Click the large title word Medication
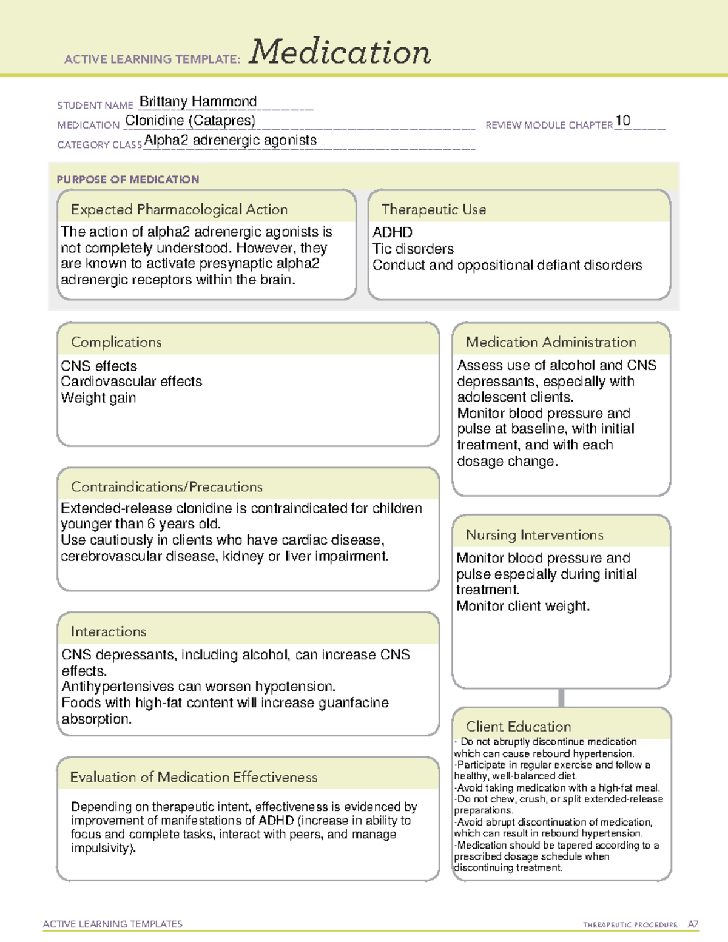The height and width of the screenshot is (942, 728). click(x=340, y=52)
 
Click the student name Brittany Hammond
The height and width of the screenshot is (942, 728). click(x=198, y=101)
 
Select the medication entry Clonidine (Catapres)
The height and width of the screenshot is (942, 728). click(x=190, y=121)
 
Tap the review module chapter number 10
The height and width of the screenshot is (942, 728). click(x=622, y=120)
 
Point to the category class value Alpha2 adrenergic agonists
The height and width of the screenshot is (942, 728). click(x=231, y=140)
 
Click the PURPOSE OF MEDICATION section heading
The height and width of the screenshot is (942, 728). click(x=127, y=180)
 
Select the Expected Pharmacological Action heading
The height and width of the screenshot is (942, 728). click(x=179, y=209)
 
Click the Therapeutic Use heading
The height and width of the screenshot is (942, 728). click(x=433, y=209)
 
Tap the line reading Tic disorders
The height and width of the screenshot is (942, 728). click(x=413, y=249)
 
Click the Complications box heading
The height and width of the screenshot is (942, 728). click(x=116, y=342)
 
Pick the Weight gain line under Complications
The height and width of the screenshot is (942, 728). click(x=98, y=398)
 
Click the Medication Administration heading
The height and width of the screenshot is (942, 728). click(x=550, y=342)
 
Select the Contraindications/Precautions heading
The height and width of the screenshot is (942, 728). click(x=166, y=487)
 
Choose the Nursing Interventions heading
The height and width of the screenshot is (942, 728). click(x=534, y=535)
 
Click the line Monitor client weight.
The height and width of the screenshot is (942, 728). click(x=522, y=606)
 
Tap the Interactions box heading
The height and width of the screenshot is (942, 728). click(x=108, y=632)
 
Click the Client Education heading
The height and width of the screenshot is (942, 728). click(x=518, y=727)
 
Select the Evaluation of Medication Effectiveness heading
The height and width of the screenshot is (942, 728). click(x=194, y=777)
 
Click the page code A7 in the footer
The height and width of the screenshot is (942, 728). click(x=693, y=924)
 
